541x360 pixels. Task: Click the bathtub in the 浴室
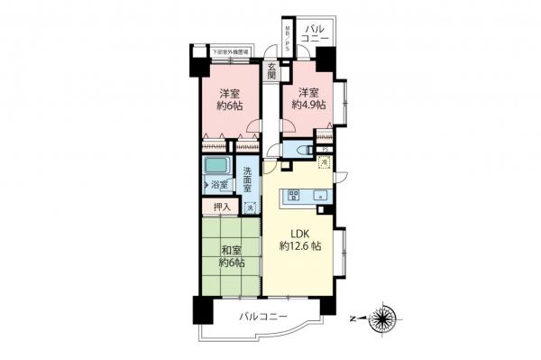point(216,168)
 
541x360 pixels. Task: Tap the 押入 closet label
point(222,208)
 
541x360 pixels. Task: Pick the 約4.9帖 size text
point(308,105)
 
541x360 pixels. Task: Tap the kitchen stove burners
point(293,195)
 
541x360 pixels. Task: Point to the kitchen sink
point(321,194)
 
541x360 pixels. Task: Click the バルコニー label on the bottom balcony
point(263,318)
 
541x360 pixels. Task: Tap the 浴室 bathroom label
point(221,186)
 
